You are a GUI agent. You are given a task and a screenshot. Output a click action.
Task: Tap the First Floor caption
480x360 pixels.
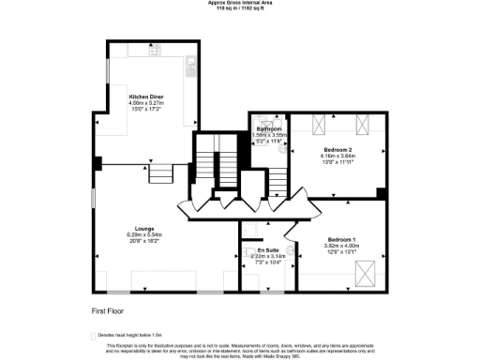108,309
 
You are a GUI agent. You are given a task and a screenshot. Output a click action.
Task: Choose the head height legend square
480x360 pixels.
93,334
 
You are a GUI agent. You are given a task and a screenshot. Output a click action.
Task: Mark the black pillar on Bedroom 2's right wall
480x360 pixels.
381,194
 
